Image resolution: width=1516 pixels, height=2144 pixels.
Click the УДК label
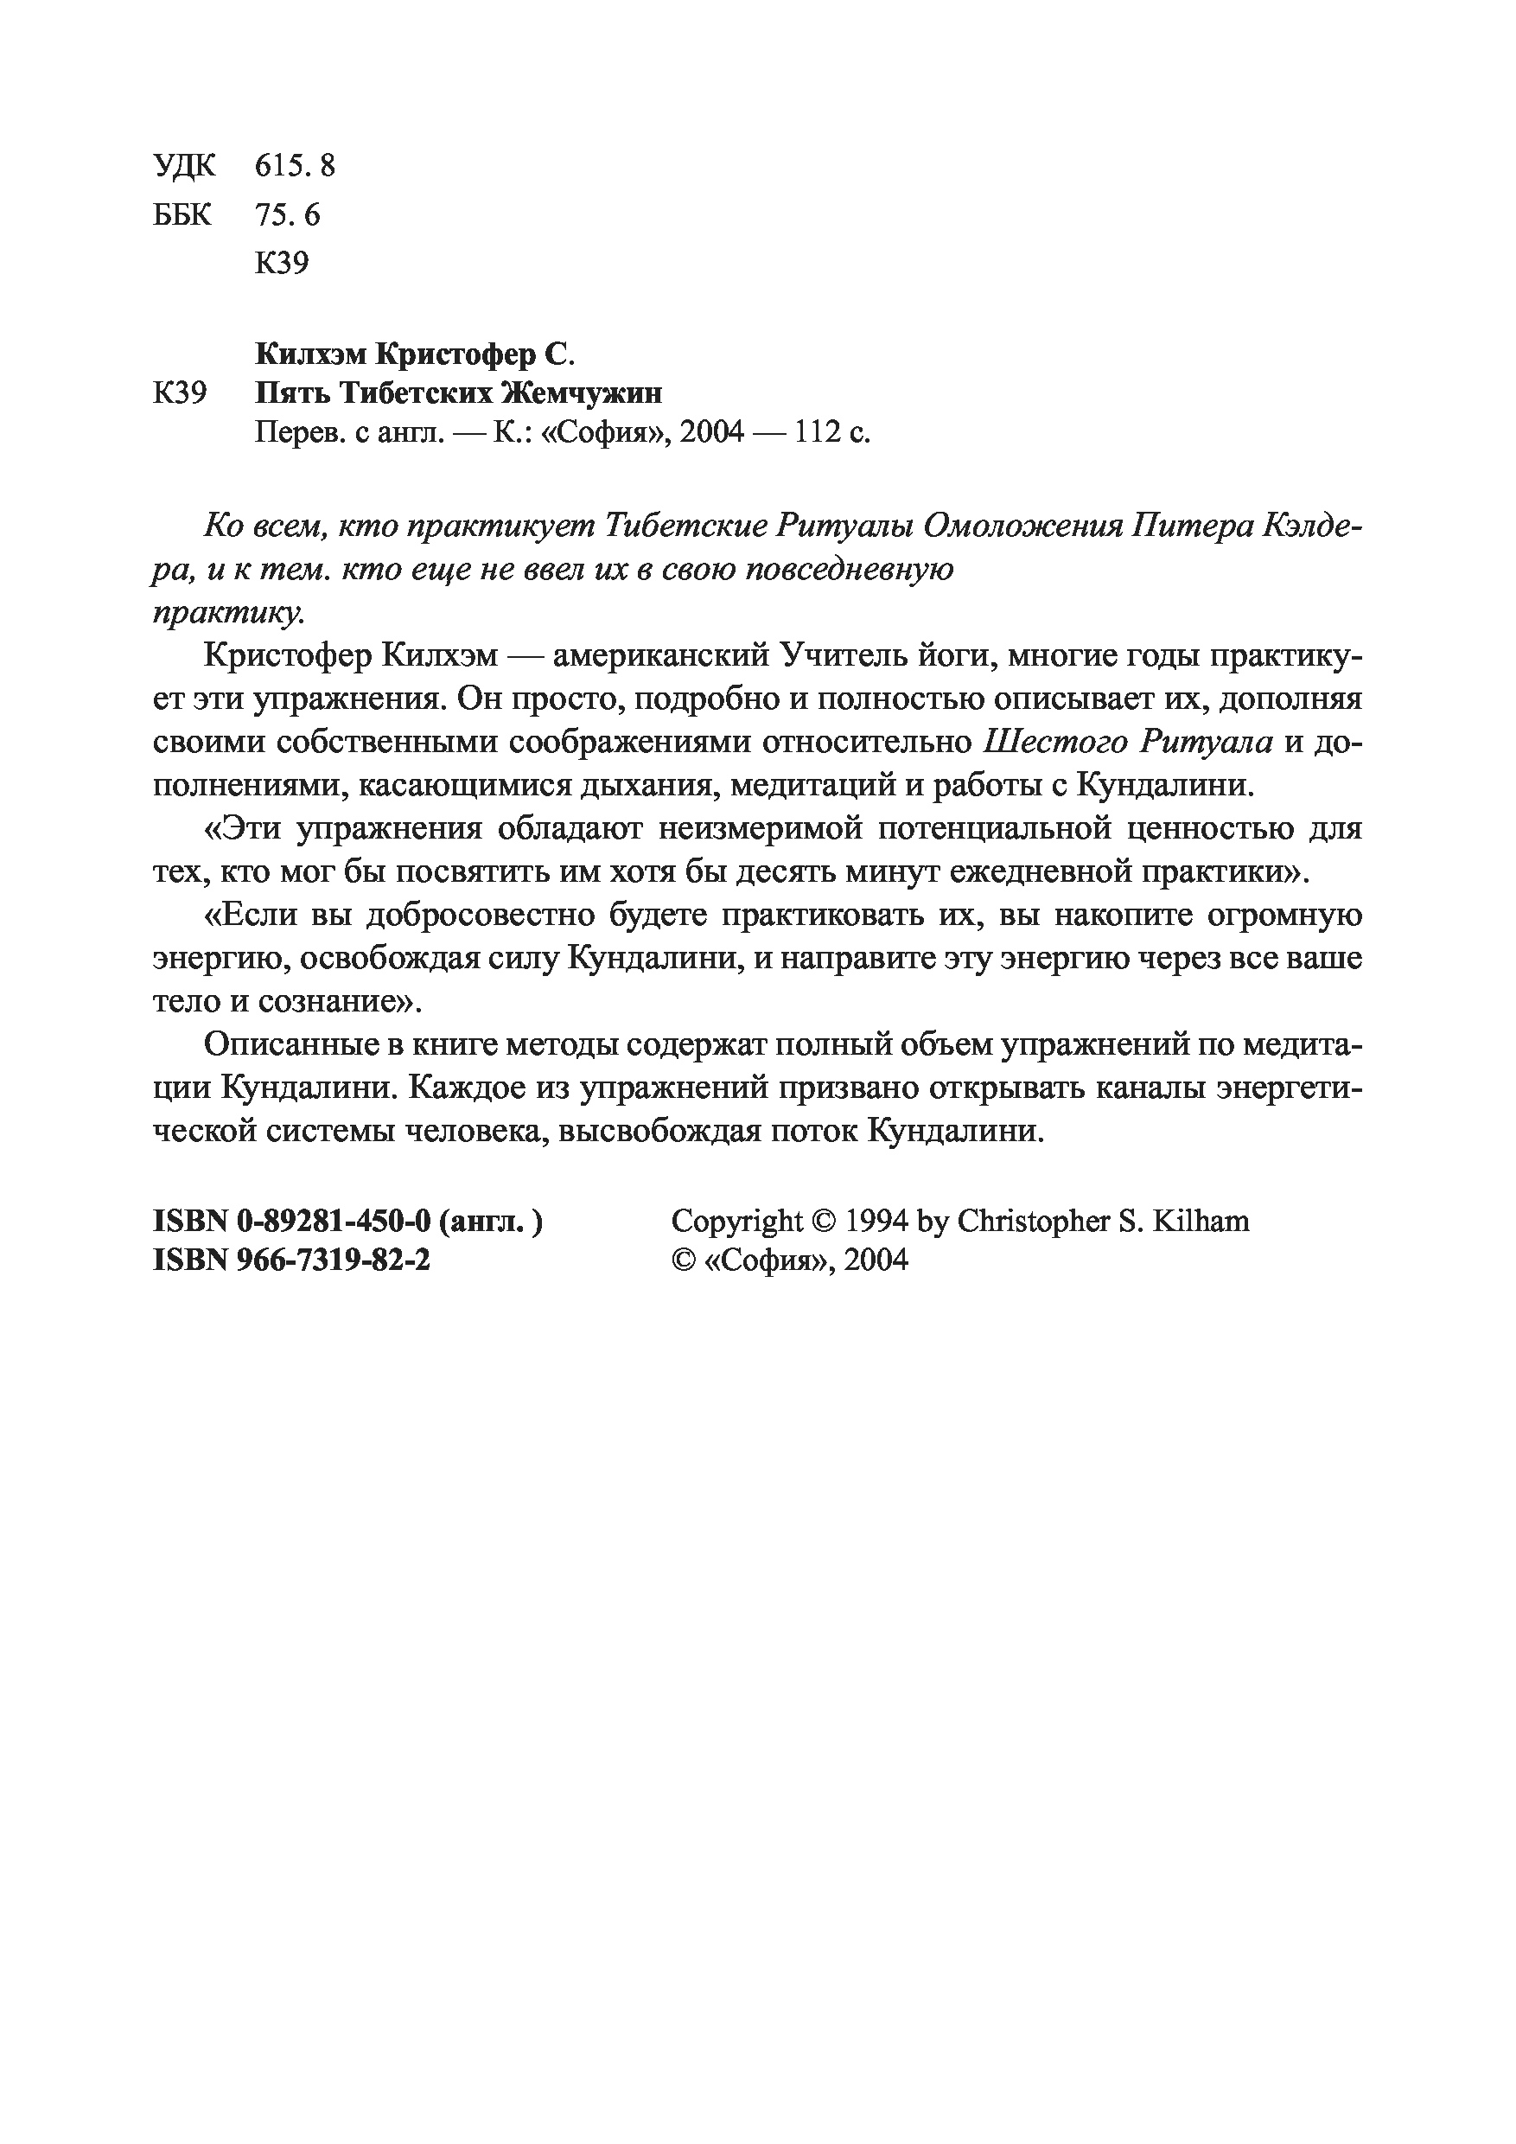(183, 166)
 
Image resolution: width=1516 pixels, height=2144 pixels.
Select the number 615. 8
(295, 166)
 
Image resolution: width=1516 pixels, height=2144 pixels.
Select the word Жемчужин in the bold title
(583, 393)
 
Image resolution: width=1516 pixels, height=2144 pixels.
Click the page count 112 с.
(831, 433)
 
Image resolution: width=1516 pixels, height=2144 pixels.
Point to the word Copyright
(736, 1222)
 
